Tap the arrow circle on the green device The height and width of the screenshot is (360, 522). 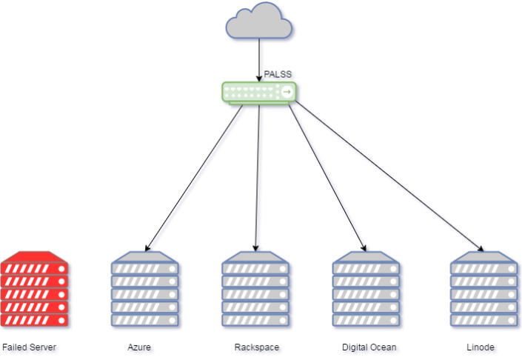287,92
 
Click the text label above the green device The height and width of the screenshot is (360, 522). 278,75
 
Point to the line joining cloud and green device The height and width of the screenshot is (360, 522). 260,59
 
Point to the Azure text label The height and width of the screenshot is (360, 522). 141,347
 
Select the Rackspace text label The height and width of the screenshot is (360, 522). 258,347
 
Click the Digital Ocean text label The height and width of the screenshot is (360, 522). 370,347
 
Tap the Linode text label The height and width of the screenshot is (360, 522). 481,347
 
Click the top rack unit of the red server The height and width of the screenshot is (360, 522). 35,267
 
